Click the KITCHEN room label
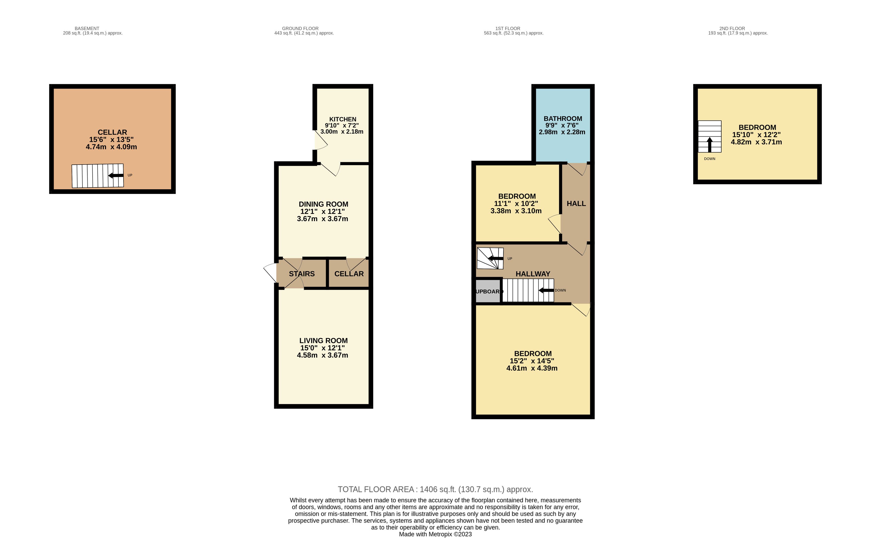pyautogui.click(x=343, y=119)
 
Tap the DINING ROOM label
pyautogui.click(x=323, y=204)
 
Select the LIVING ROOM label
pyautogui.click(x=323, y=341)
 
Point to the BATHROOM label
pyautogui.click(x=563, y=118)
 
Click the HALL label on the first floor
pyautogui.click(x=576, y=203)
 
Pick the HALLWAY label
pyautogui.click(x=533, y=274)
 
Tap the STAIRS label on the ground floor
pyautogui.click(x=302, y=274)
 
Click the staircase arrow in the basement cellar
pyautogui.click(x=116, y=175)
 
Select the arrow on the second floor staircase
pyautogui.click(x=710, y=145)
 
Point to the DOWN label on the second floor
pyautogui.click(x=710, y=159)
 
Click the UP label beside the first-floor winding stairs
pyautogui.click(x=510, y=259)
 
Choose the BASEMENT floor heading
pyautogui.click(x=87, y=29)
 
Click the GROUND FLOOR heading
pyautogui.click(x=300, y=29)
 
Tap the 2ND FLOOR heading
pyautogui.click(x=732, y=29)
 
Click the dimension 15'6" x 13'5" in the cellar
pyautogui.click(x=111, y=140)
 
